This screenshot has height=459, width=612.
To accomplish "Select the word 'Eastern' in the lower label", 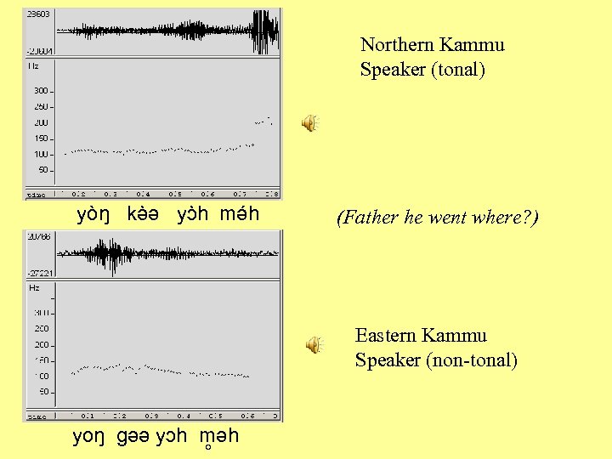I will tap(385, 335).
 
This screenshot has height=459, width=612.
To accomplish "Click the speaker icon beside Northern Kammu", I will tap(310, 123).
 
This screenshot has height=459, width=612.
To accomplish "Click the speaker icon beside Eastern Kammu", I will tap(314, 344).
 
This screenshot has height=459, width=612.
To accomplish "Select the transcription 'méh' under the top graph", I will tap(239, 214).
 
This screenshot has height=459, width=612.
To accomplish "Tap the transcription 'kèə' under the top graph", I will tap(144, 214).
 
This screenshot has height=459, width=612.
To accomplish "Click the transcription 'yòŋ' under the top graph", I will tap(93, 214).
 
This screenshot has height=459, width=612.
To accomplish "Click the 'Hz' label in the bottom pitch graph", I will tap(34, 288).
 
